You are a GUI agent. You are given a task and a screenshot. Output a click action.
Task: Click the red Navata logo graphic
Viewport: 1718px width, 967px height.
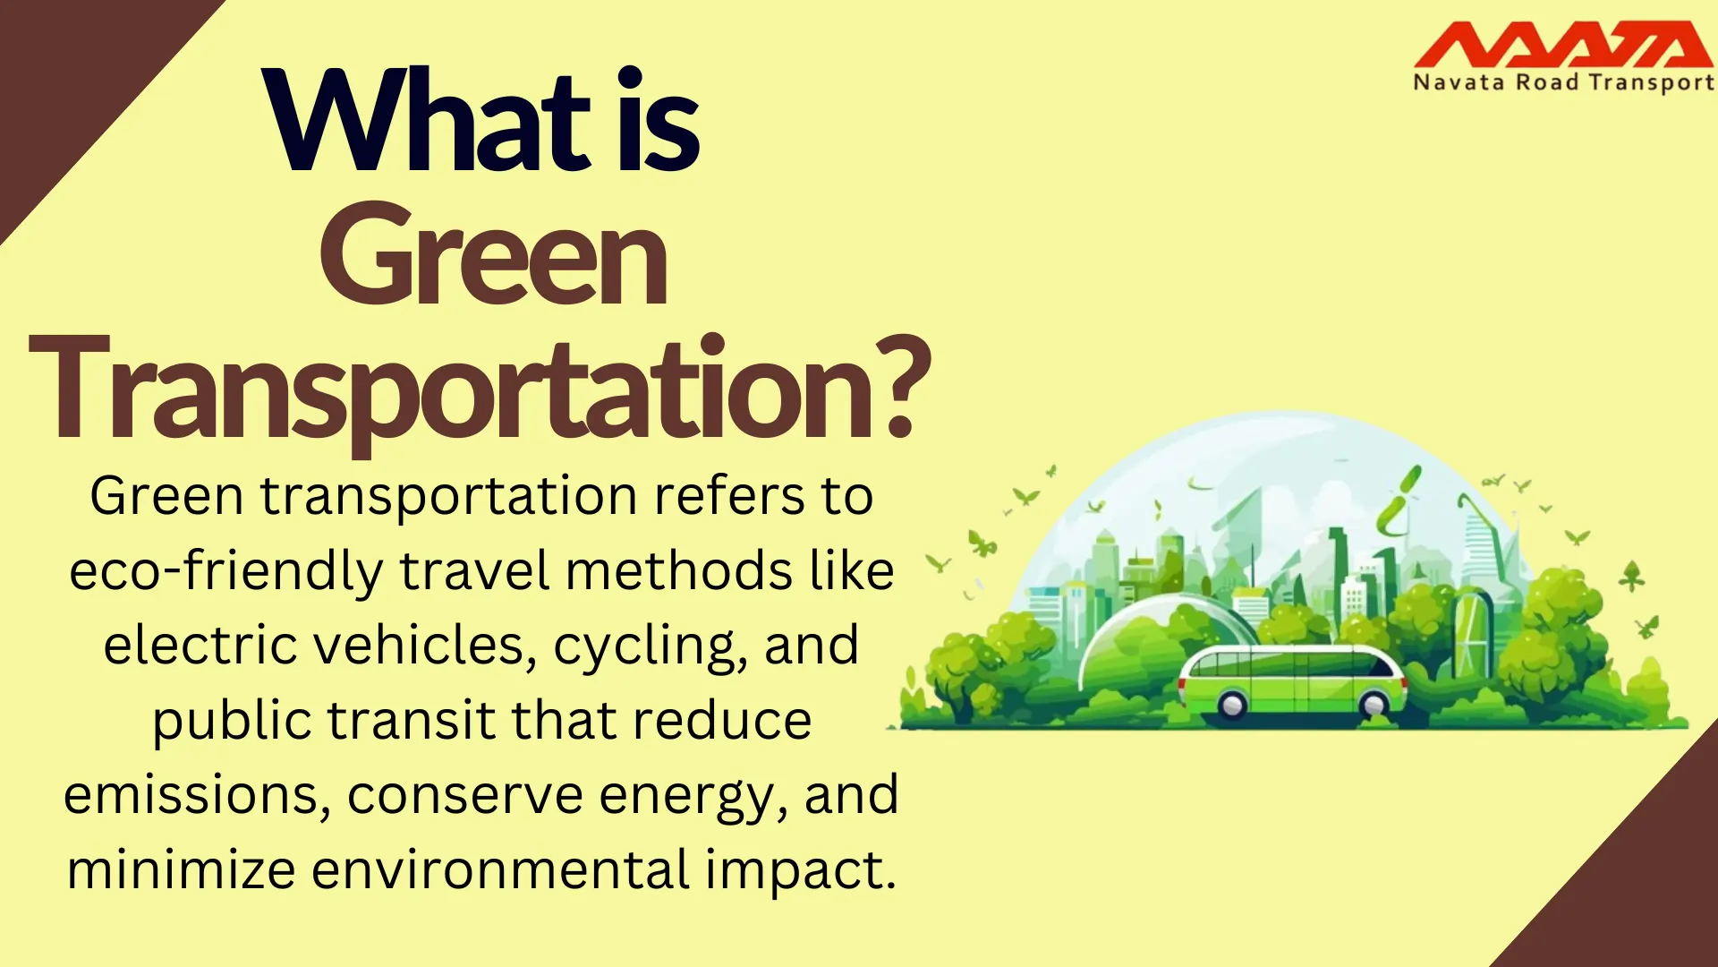click(x=1562, y=45)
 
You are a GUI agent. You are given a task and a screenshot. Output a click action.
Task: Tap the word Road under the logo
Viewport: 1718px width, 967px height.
click(x=1547, y=83)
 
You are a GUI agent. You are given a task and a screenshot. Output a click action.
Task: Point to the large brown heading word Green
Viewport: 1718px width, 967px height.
click(x=493, y=255)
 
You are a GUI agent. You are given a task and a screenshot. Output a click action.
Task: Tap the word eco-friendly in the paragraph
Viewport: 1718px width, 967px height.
click(x=226, y=571)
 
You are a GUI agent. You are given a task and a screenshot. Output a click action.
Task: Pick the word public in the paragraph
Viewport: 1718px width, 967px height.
click(x=234, y=722)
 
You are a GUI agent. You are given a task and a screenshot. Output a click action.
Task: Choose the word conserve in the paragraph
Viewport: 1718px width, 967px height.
click(x=465, y=795)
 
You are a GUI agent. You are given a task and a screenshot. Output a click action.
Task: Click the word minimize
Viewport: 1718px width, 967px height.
click(x=182, y=869)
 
